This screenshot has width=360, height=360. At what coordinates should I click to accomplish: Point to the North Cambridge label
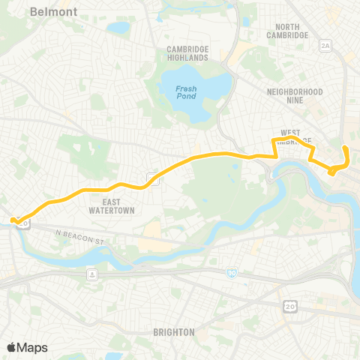point(287,30)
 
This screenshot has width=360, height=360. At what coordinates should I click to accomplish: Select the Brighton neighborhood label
point(173,331)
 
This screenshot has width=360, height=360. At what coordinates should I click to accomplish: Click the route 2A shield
point(325,46)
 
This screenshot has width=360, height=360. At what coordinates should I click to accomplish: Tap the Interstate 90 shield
point(231,274)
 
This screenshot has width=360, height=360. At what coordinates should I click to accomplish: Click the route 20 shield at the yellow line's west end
point(25,223)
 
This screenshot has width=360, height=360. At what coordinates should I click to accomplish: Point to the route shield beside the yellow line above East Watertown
point(152,178)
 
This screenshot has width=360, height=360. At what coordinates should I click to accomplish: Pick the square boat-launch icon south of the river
point(91,274)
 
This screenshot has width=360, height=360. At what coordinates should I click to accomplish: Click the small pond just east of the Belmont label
point(118,28)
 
